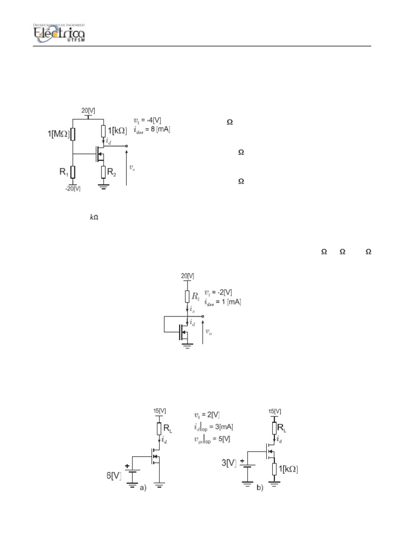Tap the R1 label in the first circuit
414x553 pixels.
click(x=64, y=173)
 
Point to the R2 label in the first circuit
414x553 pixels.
click(x=112, y=173)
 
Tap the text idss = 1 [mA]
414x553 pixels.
click(x=222, y=302)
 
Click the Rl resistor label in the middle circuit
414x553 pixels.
click(x=195, y=296)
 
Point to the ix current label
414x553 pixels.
click(x=192, y=311)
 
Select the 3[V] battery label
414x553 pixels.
click(x=229, y=463)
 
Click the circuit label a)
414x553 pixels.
click(x=142, y=488)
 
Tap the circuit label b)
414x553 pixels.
click(x=259, y=488)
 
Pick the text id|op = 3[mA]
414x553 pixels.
click(x=213, y=427)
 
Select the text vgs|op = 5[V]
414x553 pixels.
click(x=212, y=439)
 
